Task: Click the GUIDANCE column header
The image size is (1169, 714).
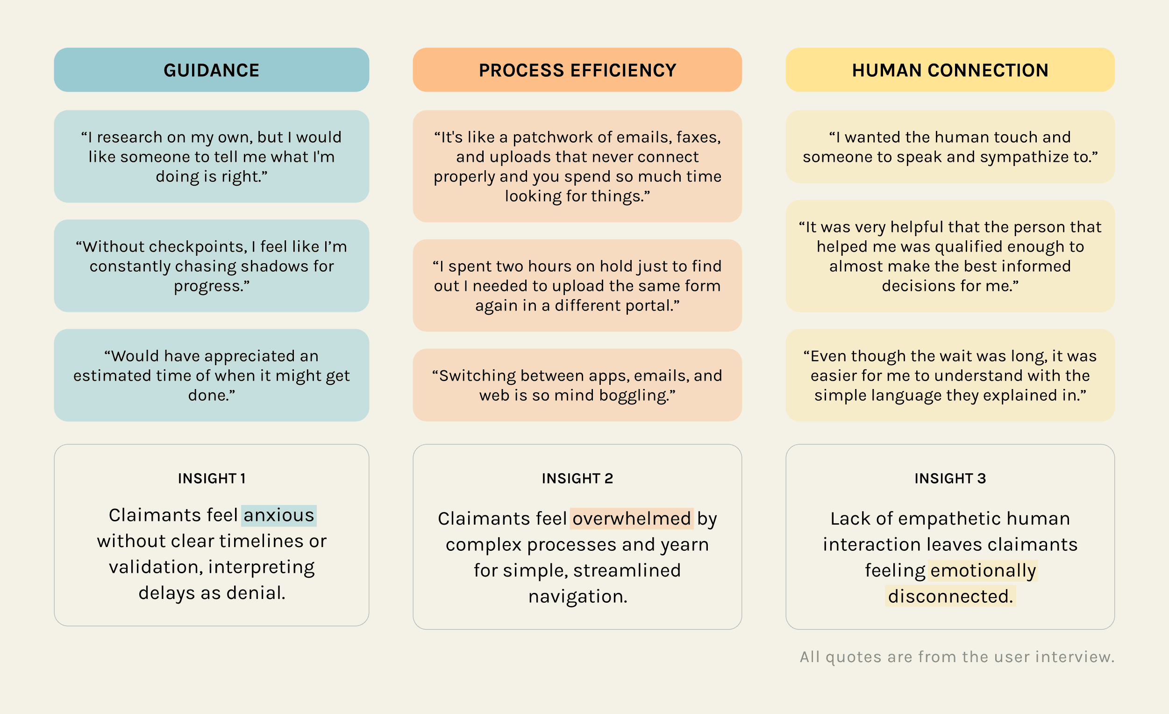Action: coord(211,70)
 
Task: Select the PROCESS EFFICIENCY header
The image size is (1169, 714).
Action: coord(577,70)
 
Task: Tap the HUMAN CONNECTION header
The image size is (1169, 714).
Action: coord(950,70)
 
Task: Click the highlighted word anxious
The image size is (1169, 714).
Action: coord(278,515)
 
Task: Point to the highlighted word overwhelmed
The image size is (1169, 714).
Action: coord(631,519)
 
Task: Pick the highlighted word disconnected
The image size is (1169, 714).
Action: coord(950,596)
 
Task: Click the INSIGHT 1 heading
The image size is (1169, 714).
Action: coord(212,478)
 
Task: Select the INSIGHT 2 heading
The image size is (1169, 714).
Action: coord(577,478)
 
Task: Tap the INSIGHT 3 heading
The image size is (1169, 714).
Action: coord(950,478)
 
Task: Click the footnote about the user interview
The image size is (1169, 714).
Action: coord(956,656)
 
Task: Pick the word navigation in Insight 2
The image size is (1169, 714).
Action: coord(577,596)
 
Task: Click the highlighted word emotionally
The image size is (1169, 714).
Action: coord(983,570)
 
